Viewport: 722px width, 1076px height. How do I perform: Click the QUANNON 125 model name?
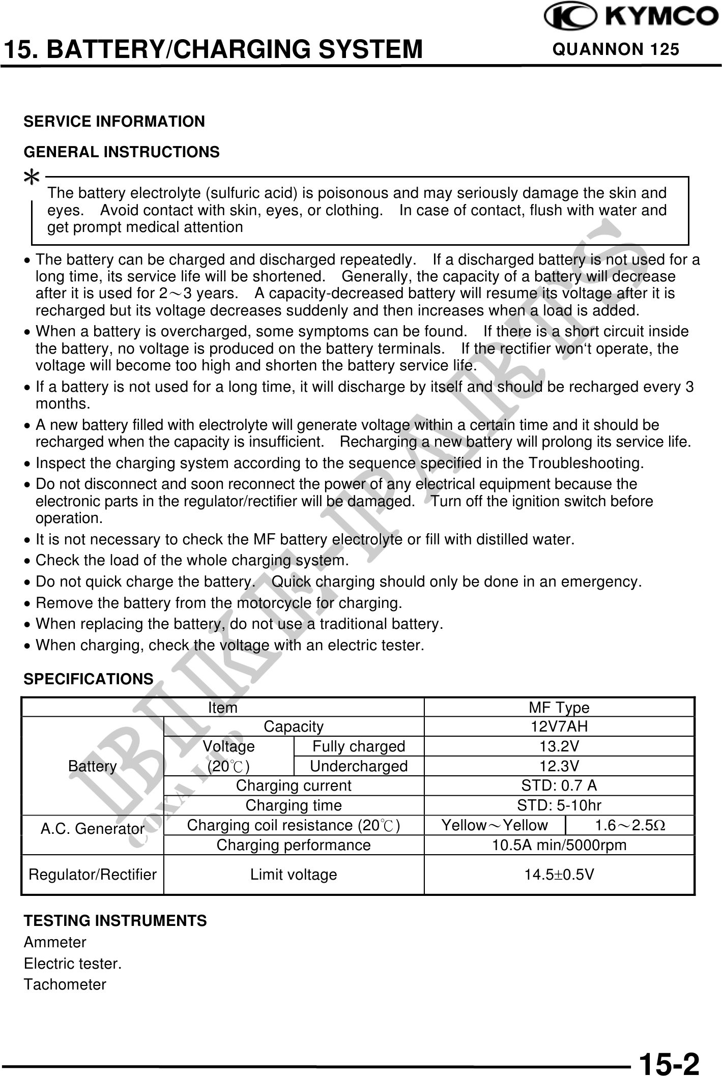pyautogui.click(x=616, y=49)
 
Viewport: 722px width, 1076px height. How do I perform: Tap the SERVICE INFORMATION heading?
pyautogui.click(x=114, y=122)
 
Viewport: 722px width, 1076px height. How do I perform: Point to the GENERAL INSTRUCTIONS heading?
pyautogui.click(x=122, y=152)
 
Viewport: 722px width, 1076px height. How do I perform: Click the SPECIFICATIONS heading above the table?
pyautogui.click(x=89, y=679)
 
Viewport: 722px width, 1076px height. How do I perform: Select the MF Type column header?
pyautogui.click(x=559, y=708)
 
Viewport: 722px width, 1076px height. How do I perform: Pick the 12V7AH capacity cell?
pyautogui.click(x=559, y=726)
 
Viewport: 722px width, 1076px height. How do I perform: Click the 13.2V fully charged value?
pyautogui.click(x=559, y=746)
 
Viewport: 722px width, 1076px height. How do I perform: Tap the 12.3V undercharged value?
pyautogui.click(x=559, y=766)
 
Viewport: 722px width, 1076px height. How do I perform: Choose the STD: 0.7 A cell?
pyautogui.click(x=559, y=786)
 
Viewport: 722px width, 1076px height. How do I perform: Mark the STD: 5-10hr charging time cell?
pyautogui.click(x=559, y=806)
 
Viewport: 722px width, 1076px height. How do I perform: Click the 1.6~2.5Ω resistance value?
pyautogui.click(x=630, y=825)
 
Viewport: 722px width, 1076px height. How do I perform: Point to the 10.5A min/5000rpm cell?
pyautogui.click(x=559, y=845)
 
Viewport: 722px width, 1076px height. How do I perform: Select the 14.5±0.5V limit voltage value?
pyautogui.click(x=559, y=875)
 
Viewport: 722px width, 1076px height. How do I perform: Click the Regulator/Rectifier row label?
pyautogui.click(x=93, y=875)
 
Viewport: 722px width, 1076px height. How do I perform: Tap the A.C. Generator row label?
pyautogui.click(x=93, y=829)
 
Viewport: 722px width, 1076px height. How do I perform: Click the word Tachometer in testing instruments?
pyautogui.click(x=65, y=984)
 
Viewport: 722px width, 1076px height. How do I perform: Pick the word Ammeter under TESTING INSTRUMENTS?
pyautogui.click(x=55, y=942)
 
